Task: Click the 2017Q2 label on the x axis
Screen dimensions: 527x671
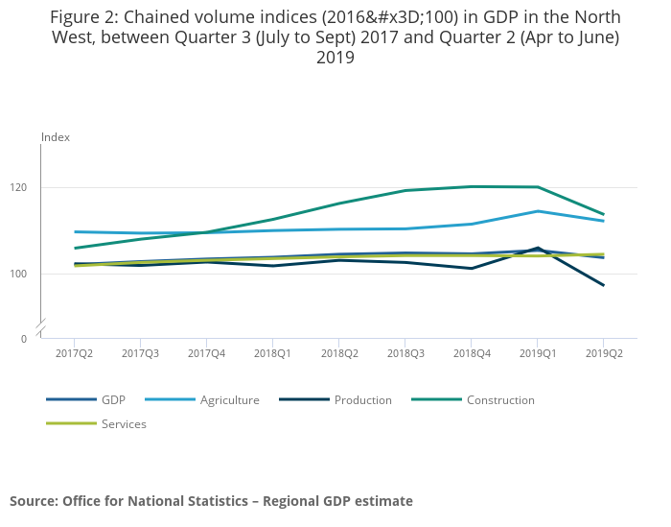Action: click(74, 353)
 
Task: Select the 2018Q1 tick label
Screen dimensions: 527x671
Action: click(273, 353)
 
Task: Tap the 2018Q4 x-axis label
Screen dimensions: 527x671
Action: click(471, 353)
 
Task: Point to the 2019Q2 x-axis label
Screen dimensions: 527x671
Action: click(603, 353)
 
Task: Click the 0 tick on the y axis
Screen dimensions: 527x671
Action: click(23, 339)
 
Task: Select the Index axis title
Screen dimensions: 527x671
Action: click(56, 137)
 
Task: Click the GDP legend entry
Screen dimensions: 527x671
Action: click(113, 400)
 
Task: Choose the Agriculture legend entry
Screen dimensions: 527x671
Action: click(229, 400)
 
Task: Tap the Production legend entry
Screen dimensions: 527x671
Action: click(362, 400)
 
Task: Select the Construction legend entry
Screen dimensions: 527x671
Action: click(500, 400)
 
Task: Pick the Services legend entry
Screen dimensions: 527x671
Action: click(124, 423)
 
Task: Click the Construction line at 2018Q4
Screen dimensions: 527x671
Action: click(471, 186)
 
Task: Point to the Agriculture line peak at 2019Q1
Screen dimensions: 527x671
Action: click(537, 211)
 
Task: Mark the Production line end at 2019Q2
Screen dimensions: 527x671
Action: click(603, 285)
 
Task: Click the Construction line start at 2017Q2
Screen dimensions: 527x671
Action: click(75, 248)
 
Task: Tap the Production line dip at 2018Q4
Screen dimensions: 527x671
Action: click(471, 268)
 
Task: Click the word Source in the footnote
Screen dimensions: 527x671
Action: click(34, 501)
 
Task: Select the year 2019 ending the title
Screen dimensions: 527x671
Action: click(335, 58)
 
